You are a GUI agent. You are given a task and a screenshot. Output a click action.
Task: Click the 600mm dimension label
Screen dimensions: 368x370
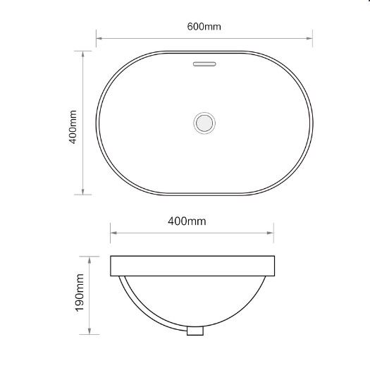204,27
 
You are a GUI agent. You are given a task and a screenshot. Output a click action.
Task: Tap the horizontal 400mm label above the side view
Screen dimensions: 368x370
187,221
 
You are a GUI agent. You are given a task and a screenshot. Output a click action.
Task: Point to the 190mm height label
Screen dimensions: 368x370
79,293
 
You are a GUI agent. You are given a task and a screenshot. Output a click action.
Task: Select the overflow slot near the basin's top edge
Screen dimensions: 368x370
204,63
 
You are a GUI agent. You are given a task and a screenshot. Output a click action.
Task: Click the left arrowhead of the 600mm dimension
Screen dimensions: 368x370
99,39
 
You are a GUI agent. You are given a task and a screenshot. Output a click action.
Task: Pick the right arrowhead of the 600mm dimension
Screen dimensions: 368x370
311,39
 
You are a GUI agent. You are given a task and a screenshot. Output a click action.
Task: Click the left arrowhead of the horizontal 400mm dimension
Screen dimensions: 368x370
113,231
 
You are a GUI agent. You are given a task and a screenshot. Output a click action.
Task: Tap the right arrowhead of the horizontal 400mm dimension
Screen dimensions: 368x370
273,231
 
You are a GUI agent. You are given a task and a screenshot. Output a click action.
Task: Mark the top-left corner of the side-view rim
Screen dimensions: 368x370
111,256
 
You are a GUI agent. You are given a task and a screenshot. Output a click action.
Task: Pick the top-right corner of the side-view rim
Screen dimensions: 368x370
275,256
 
